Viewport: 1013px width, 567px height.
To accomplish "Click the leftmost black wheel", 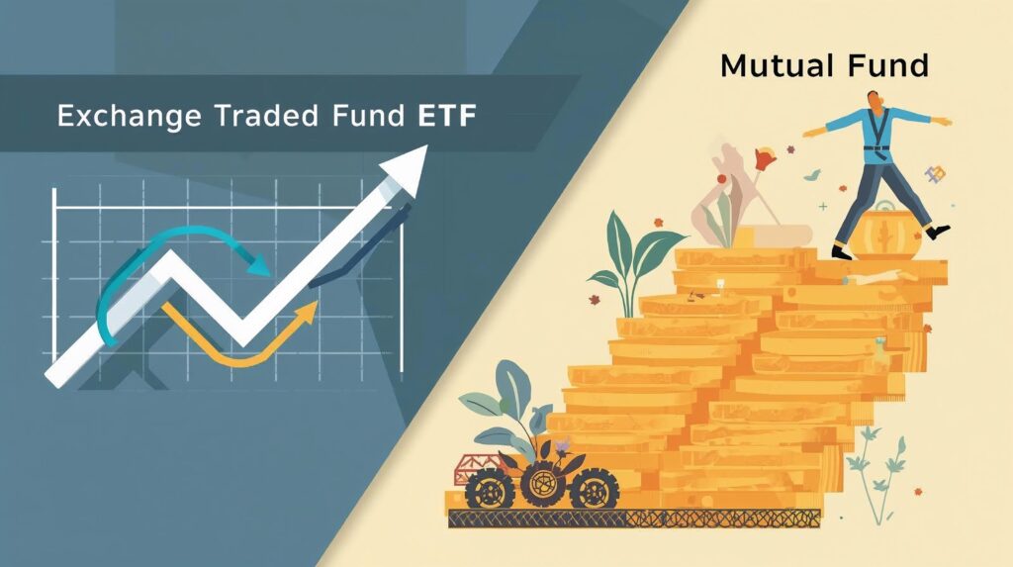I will pyautogui.click(x=489, y=489).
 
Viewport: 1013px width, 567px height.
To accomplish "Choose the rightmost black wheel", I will pyautogui.click(x=594, y=488).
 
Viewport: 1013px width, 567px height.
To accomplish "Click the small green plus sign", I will pyautogui.click(x=822, y=207).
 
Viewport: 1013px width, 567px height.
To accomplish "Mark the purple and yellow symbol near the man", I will pyautogui.click(x=935, y=174).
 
